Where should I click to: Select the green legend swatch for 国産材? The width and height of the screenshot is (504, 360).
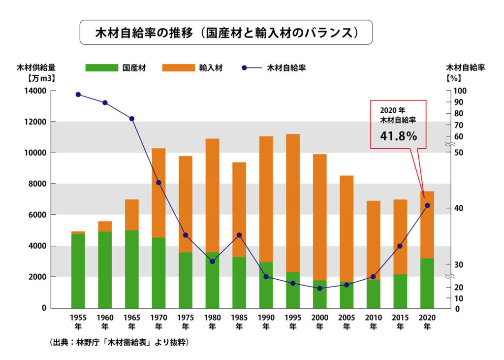[101, 68]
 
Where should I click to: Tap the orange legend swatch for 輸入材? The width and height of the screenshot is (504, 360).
[178, 68]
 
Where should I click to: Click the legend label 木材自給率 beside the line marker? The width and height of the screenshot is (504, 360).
[286, 68]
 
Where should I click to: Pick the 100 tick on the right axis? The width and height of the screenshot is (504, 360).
[457, 91]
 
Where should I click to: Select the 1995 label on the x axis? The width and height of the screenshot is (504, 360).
[293, 318]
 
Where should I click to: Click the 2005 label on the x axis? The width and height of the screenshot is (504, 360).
[346, 318]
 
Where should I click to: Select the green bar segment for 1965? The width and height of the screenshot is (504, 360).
[132, 268]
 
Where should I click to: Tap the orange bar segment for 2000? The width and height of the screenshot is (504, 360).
[319, 217]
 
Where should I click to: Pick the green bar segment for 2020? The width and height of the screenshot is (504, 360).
[427, 283]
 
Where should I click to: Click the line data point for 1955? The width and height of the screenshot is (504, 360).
[78, 95]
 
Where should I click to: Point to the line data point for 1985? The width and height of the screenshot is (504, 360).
[239, 235]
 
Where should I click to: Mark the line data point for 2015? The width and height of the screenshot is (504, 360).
[400, 246]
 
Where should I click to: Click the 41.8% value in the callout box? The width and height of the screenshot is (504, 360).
[398, 136]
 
